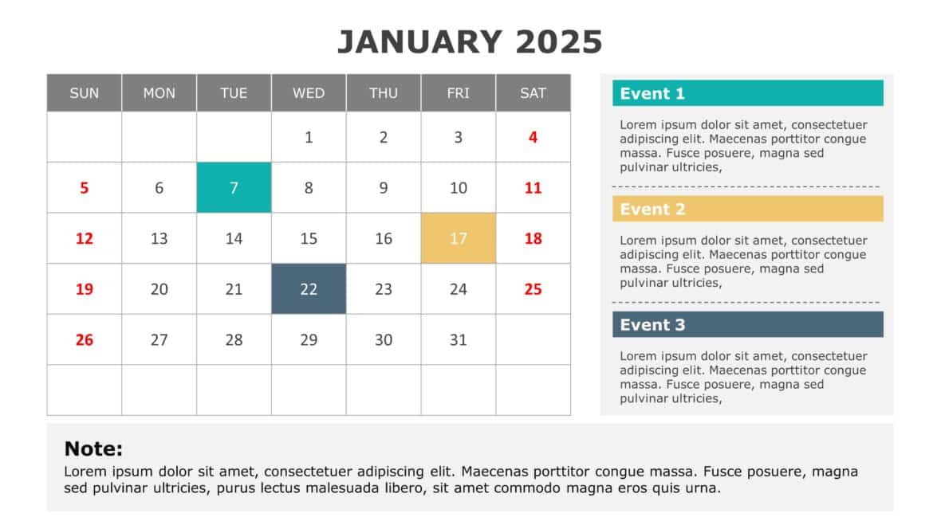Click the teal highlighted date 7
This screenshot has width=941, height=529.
(234, 188)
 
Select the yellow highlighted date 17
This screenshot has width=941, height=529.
(458, 238)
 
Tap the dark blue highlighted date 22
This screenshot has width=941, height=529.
(309, 289)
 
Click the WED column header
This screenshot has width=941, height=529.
(309, 93)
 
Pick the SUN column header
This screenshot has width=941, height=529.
(85, 93)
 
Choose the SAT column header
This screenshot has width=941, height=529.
(533, 93)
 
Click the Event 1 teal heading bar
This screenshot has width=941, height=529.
(747, 93)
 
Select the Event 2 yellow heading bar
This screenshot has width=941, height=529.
(747, 209)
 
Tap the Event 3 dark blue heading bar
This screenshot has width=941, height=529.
(747, 324)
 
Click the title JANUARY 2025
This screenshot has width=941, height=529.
(470, 42)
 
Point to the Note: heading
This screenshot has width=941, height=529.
(93, 449)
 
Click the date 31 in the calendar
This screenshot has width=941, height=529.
(458, 340)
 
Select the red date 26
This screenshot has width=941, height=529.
(85, 340)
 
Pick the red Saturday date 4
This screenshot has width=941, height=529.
(533, 137)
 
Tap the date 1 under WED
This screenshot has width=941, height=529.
(309, 137)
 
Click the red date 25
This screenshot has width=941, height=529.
(533, 289)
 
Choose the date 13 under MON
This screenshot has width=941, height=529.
(159, 238)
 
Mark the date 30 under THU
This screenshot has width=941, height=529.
(384, 340)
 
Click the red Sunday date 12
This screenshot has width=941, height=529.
(85, 238)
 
